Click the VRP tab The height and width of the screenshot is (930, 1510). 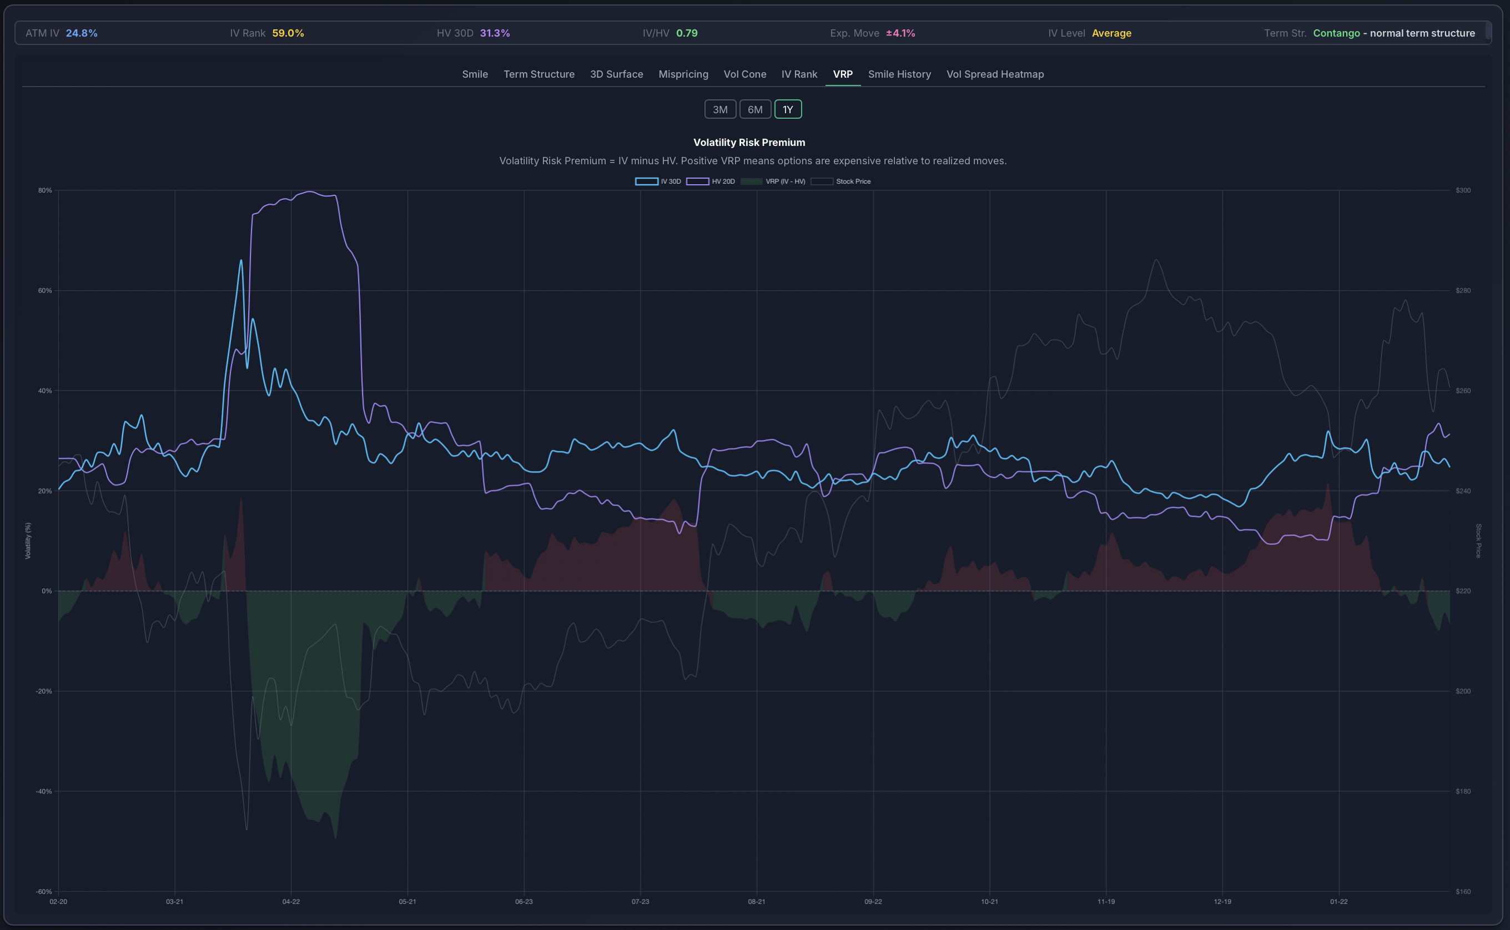(x=842, y=74)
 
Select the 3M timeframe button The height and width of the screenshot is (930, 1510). (x=720, y=109)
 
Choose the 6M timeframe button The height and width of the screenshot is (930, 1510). (x=755, y=109)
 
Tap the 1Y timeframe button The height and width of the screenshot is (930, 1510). (x=788, y=109)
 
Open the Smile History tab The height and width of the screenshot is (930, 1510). (x=899, y=74)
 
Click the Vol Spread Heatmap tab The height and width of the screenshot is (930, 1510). (x=994, y=74)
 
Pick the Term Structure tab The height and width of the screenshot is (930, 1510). (x=538, y=74)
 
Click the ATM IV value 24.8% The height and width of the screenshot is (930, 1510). (x=82, y=33)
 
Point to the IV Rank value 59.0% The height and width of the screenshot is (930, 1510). (x=288, y=33)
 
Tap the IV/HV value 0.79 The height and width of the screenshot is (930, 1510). (x=687, y=33)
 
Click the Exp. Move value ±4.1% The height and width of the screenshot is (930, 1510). (x=900, y=33)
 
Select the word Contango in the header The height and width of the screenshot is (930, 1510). (x=1336, y=33)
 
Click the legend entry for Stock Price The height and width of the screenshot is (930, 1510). (x=853, y=181)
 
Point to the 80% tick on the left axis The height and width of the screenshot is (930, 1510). (x=45, y=191)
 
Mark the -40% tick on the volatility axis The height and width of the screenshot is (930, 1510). (x=44, y=792)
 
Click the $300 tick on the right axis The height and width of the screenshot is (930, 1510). (x=1463, y=191)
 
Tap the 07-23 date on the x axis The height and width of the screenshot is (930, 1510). (x=640, y=902)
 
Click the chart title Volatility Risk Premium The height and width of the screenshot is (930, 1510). (x=749, y=142)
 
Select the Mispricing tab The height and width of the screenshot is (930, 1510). (x=683, y=74)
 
